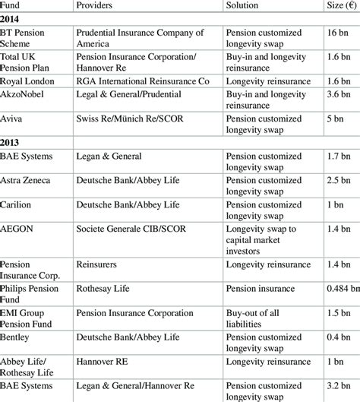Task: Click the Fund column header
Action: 13,5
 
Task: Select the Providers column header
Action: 96,5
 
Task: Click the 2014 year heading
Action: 11,18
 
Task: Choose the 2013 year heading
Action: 11,141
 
